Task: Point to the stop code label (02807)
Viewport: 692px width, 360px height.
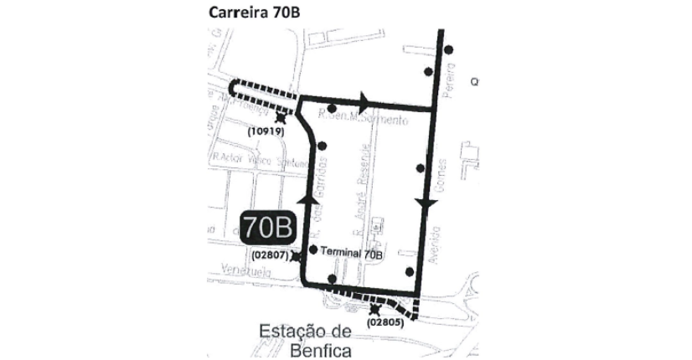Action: point(268,255)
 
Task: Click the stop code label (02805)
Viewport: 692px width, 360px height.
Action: point(386,322)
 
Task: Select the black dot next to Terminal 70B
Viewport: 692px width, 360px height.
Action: point(313,249)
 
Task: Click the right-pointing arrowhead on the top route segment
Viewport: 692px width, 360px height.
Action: point(364,101)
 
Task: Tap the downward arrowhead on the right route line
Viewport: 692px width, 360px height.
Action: point(426,205)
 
